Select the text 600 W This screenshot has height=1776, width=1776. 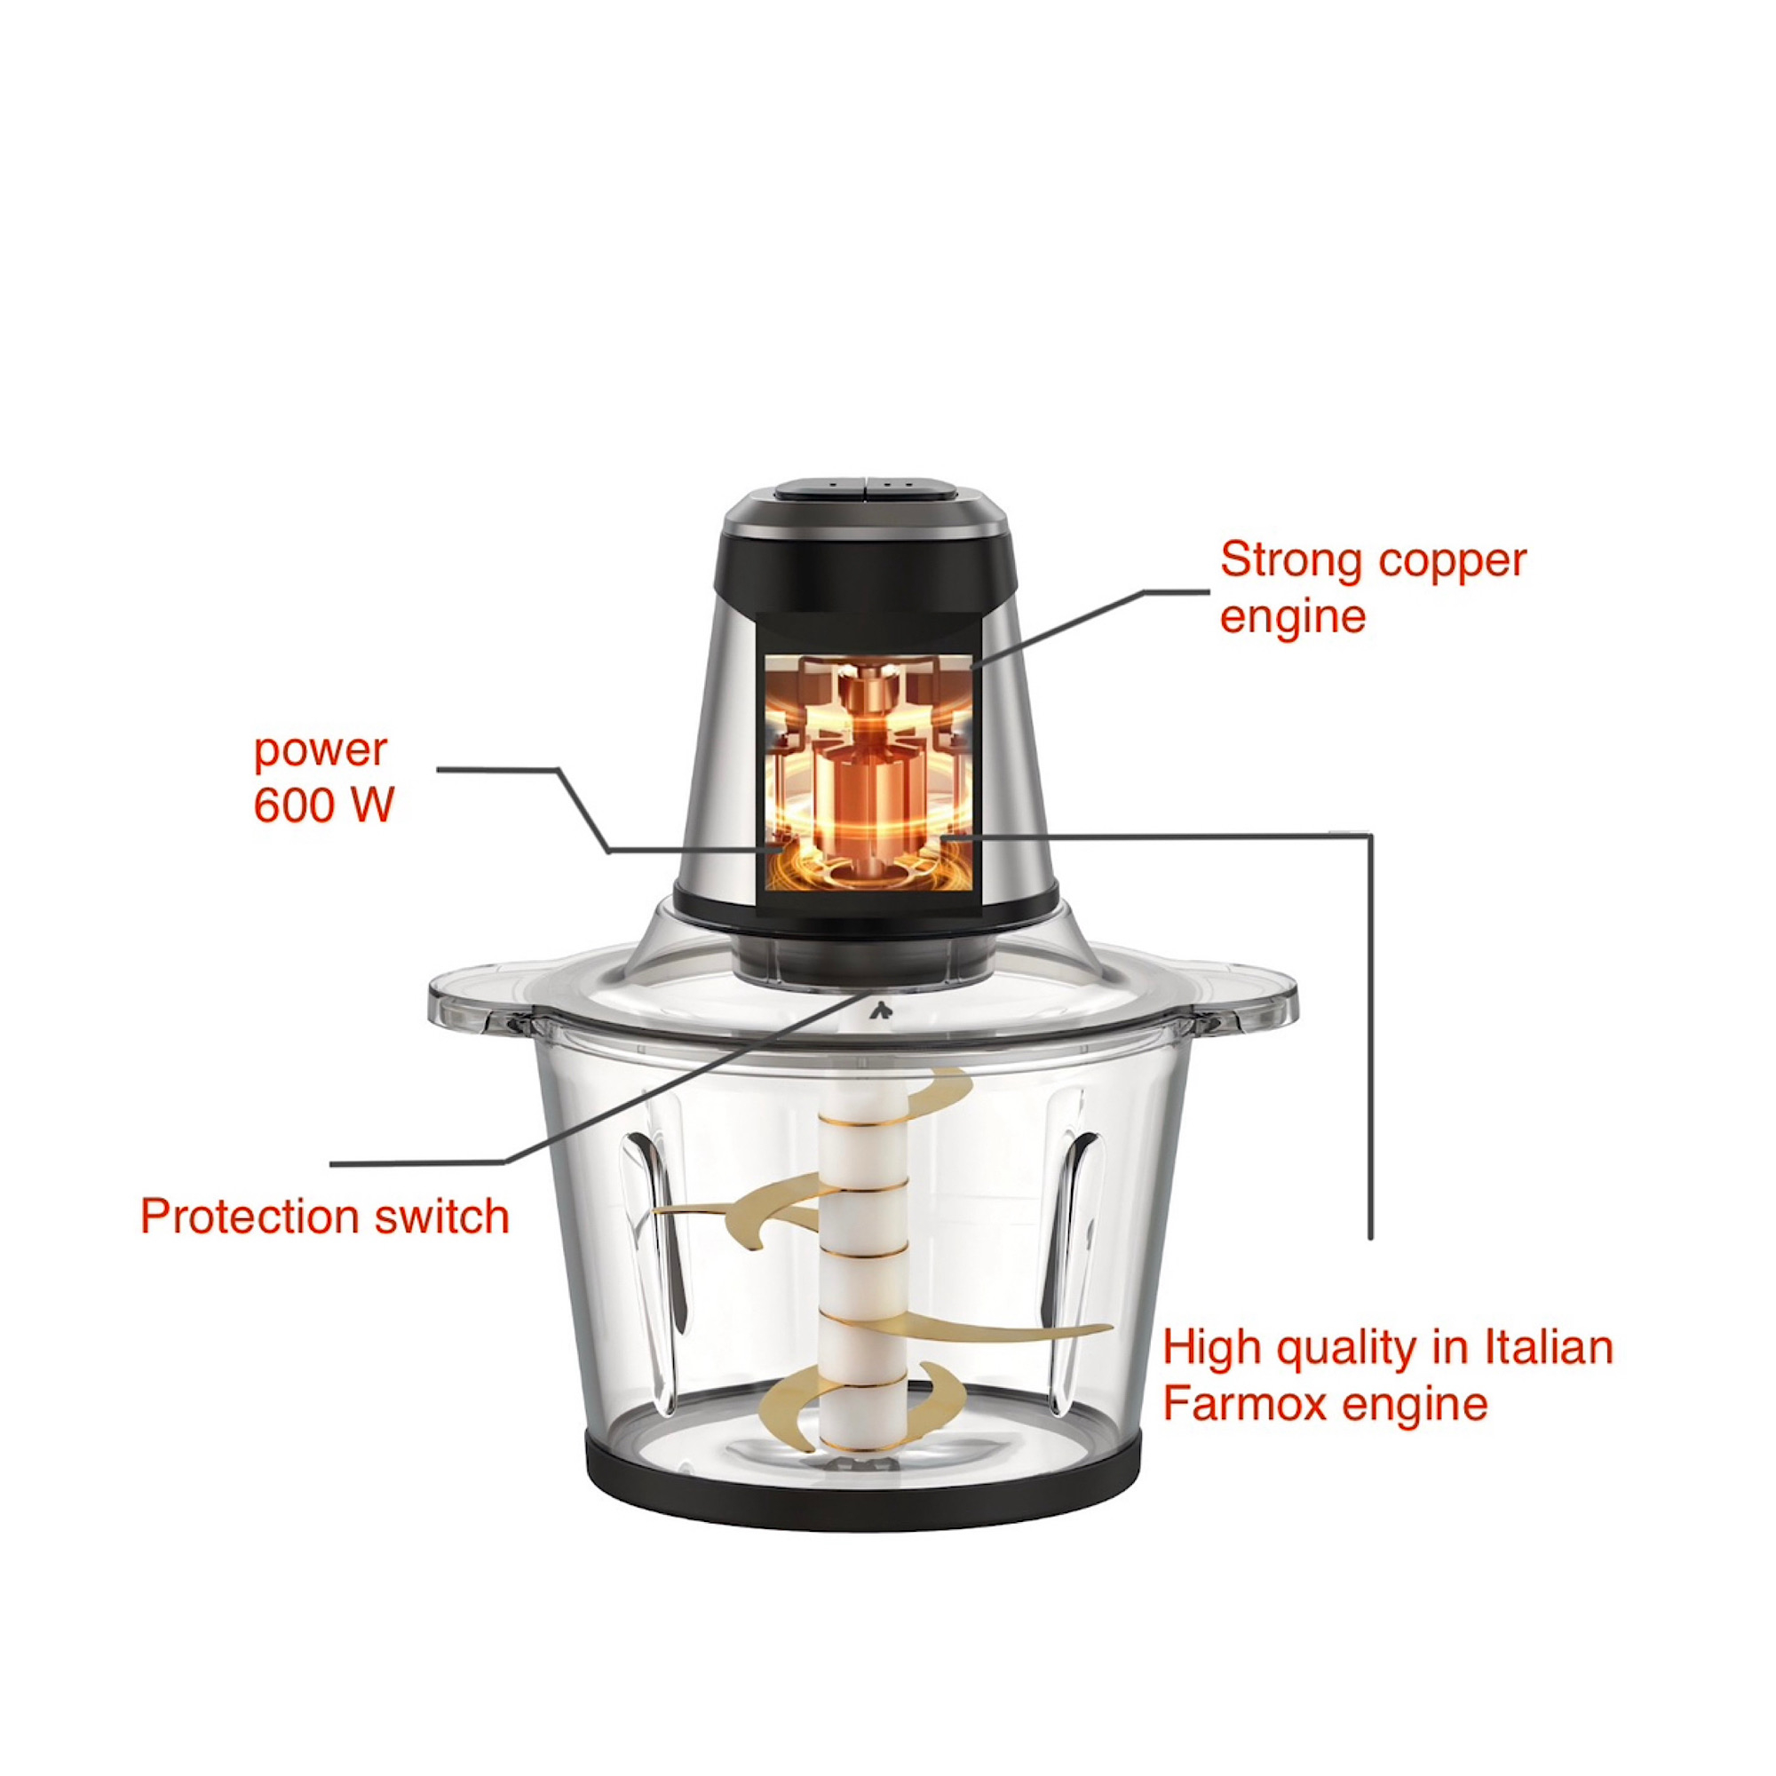323,805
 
